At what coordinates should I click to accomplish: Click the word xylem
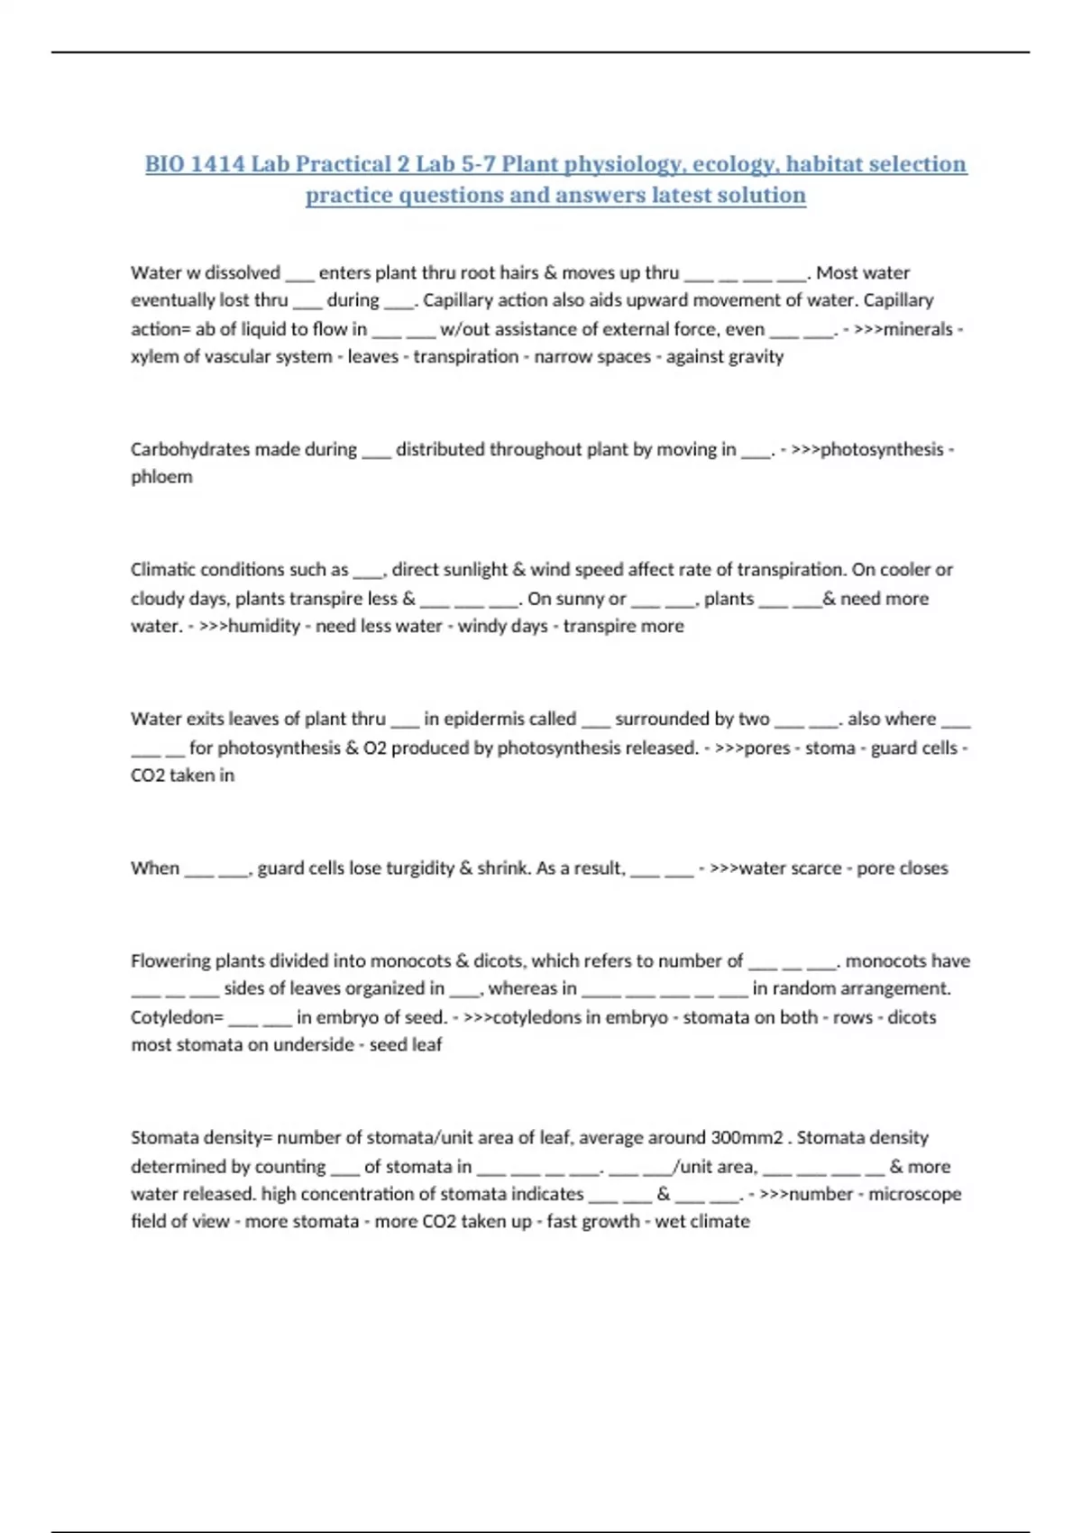153,356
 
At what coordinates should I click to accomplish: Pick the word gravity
756,356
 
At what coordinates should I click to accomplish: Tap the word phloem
161,476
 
